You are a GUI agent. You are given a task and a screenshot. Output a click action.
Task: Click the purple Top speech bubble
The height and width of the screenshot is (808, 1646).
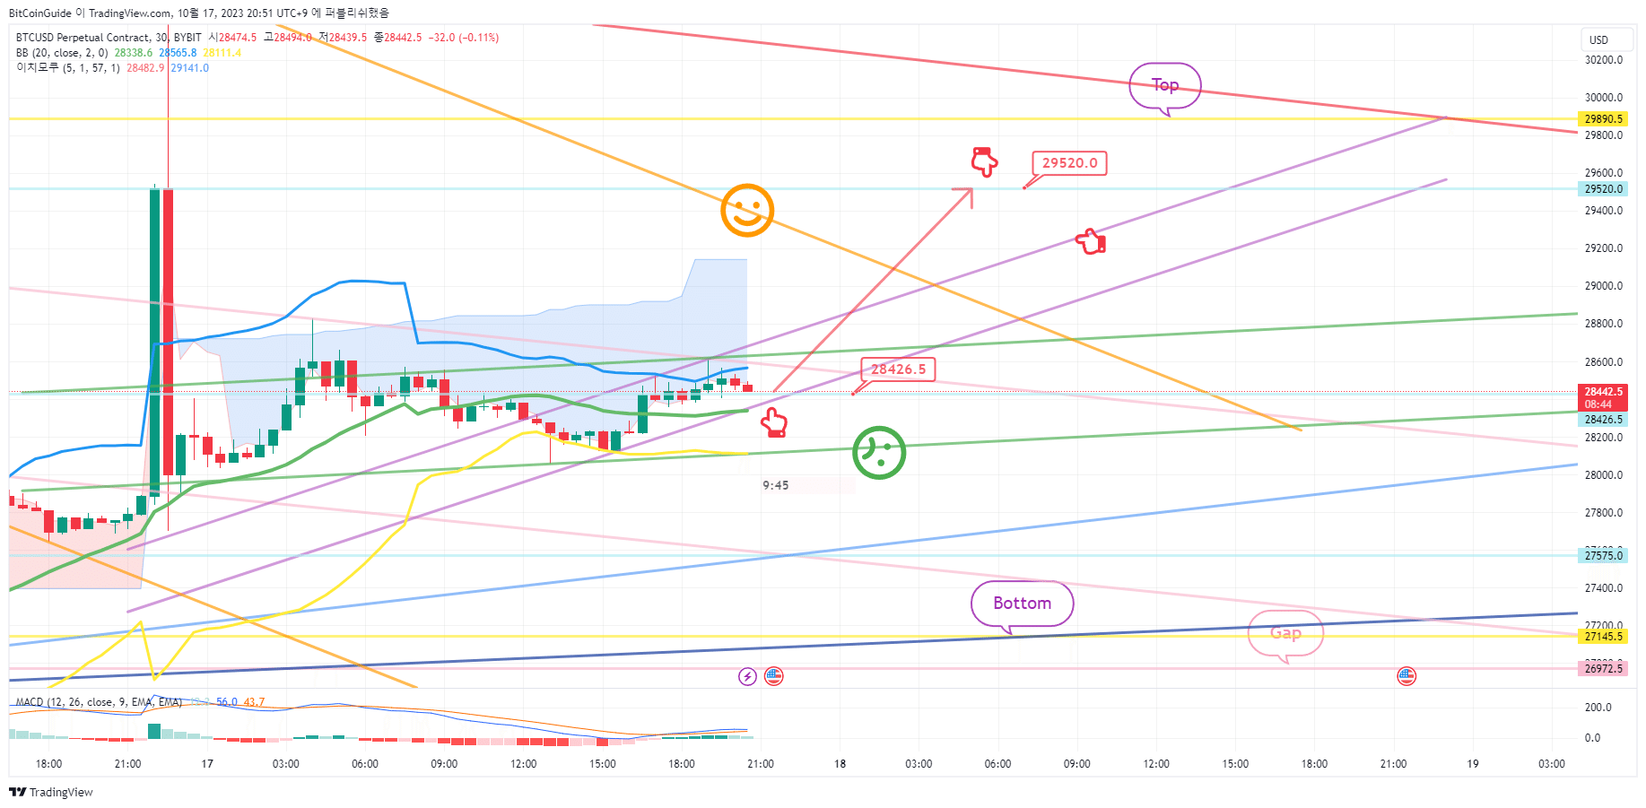point(1164,85)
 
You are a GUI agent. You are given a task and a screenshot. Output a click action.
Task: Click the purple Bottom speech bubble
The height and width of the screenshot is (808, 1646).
point(1022,604)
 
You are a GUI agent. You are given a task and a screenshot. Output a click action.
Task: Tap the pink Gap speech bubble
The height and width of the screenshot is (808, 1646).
point(1285,633)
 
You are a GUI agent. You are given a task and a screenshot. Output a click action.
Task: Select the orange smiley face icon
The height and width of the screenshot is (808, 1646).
point(747,211)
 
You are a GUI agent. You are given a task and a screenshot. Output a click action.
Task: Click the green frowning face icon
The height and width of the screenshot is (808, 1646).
point(879,453)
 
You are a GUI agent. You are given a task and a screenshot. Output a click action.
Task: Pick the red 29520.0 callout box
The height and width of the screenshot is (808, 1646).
point(1069,163)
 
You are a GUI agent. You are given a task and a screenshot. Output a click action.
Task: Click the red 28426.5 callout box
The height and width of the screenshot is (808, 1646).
point(898,369)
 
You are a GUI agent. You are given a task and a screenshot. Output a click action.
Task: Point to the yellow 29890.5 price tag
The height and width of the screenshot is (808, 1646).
point(1603,119)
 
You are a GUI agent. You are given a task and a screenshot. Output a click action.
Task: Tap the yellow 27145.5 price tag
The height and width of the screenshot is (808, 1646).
point(1603,637)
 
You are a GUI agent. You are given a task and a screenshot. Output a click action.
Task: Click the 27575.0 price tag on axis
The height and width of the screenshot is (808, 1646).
point(1603,556)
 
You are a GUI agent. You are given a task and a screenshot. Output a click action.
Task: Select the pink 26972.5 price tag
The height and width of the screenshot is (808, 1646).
point(1603,669)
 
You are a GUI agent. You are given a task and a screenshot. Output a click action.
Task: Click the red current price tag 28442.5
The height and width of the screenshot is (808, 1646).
point(1603,392)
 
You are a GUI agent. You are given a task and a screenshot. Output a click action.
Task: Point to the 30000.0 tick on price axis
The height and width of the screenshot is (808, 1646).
point(1604,98)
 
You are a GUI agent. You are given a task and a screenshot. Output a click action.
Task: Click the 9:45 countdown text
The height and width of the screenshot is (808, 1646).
point(776,486)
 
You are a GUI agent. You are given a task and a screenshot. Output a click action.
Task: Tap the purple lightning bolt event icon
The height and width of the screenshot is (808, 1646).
point(747,676)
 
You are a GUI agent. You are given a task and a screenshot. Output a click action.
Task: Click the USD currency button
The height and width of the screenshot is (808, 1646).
point(1598,40)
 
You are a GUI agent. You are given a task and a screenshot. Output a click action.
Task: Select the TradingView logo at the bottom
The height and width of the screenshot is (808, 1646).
point(51,793)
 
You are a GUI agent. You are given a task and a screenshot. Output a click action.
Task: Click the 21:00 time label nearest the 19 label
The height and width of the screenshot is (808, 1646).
point(1393,764)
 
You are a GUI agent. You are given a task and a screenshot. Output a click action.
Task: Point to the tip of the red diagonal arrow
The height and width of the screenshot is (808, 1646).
point(971,189)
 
